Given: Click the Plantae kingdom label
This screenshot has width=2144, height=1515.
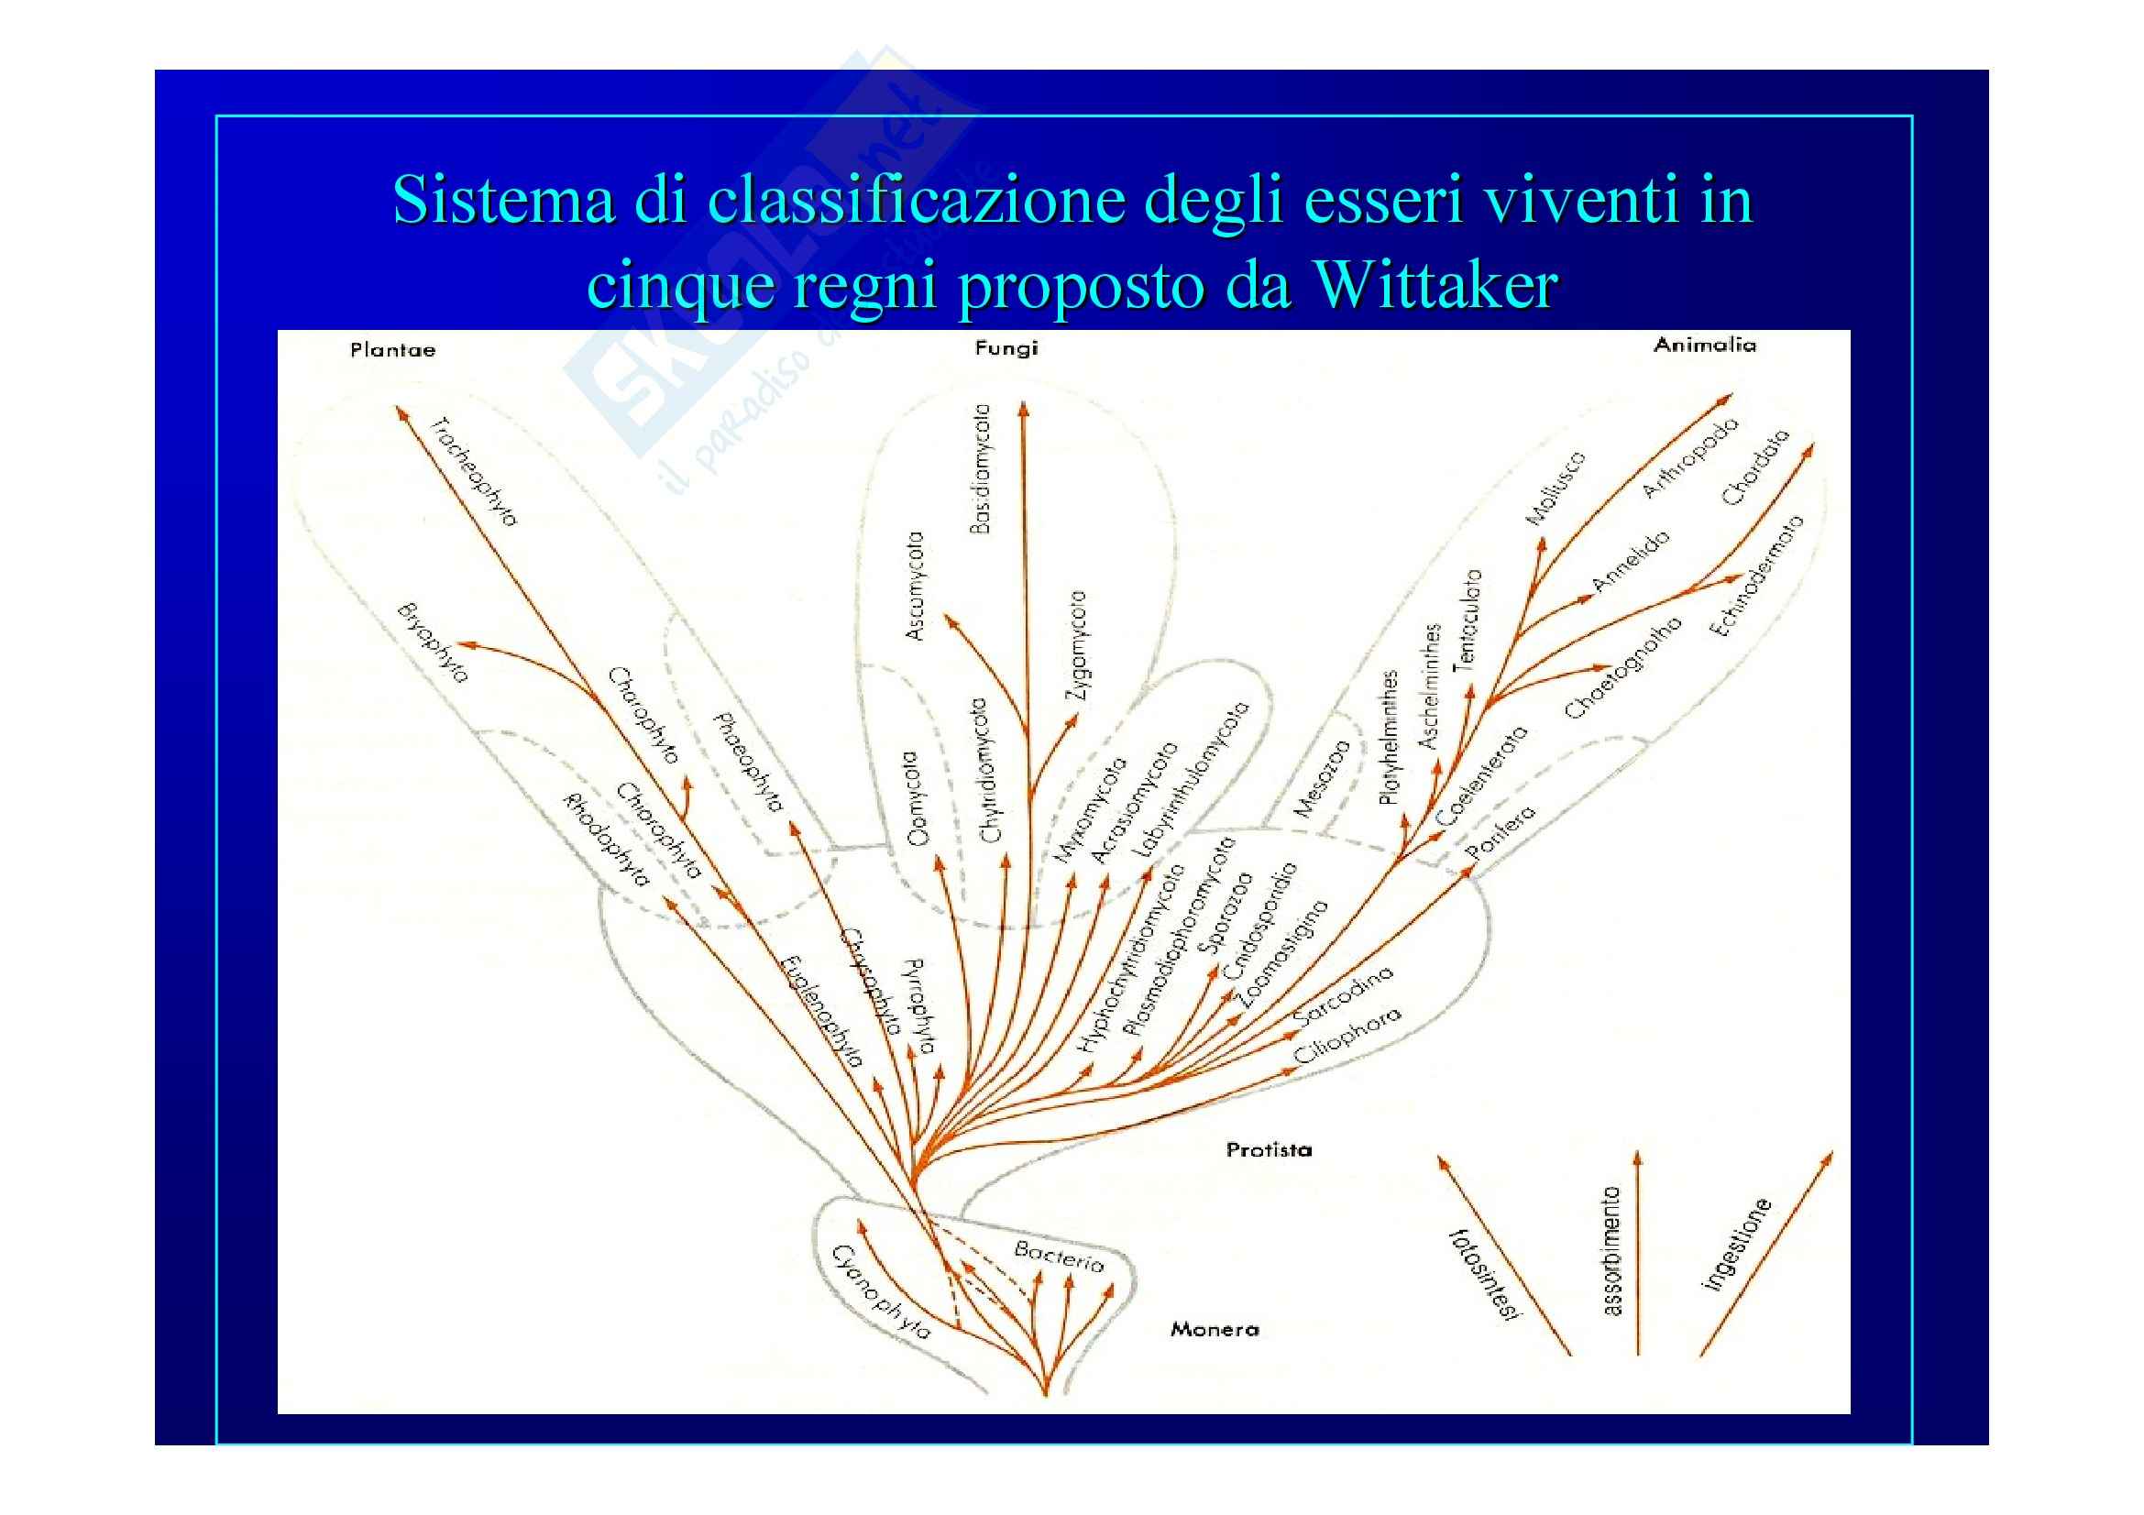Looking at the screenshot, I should pyautogui.click(x=392, y=350).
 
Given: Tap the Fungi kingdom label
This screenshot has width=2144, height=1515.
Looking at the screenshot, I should pyautogui.click(x=1006, y=348).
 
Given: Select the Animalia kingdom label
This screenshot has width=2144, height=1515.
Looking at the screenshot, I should pyautogui.click(x=1704, y=345).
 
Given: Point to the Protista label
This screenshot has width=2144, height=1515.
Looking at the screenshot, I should pyautogui.click(x=1268, y=1149).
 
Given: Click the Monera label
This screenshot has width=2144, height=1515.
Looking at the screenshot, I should pyautogui.click(x=1214, y=1328).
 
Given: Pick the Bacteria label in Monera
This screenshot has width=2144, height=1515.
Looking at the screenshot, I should pyautogui.click(x=1059, y=1257).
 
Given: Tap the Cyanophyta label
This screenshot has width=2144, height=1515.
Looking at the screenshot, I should pyautogui.click(x=881, y=1292).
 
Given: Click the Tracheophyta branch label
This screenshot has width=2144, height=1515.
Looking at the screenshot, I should pyautogui.click(x=473, y=471).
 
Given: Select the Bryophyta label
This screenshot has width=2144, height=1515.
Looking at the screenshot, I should pyautogui.click(x=432, y=643).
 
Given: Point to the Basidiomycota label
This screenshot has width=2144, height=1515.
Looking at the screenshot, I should pyautogui.click(x=980, y=468).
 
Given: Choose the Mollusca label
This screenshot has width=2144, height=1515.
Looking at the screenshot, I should pyautogui.click(x=1555, y=489).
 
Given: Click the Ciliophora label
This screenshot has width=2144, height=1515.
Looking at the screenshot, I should pyautogui.click(x=1347, y=1037).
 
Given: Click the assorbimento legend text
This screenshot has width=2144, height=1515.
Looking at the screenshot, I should pyautogui.click(x=1611, y=1251).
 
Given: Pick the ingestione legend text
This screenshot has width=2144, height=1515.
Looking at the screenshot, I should pyautogui.click(x=1737, y=1245).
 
